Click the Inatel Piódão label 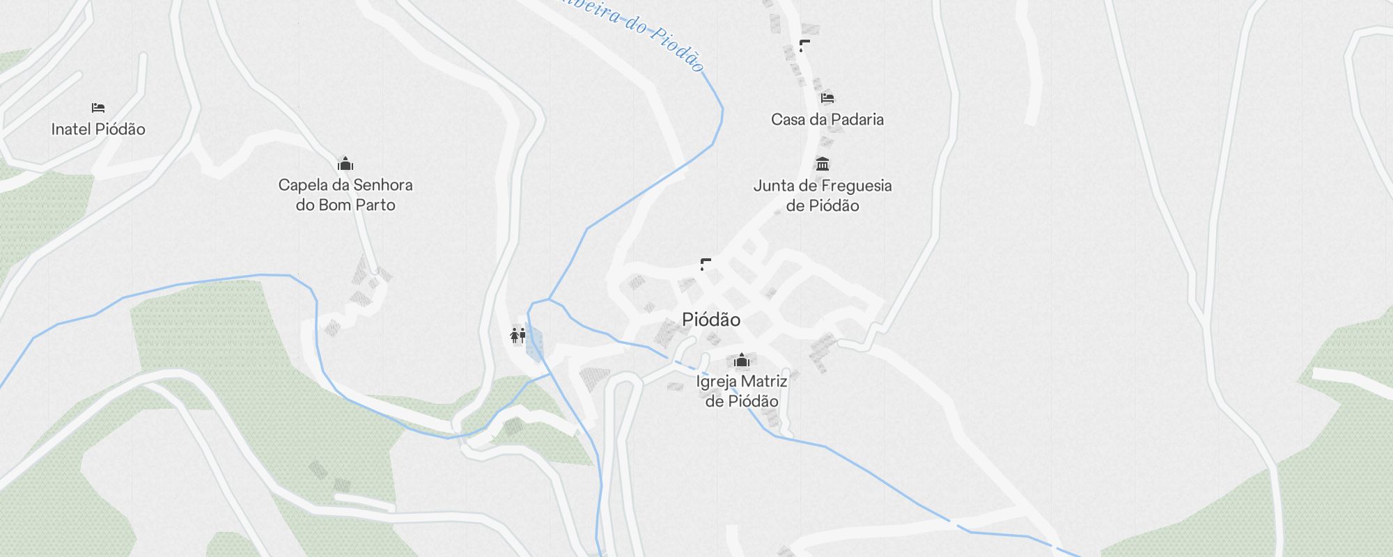pyautogui.click(x=98, y=129)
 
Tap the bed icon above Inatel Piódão pyautogui.click(x=98, y=108)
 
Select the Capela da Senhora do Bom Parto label pyautogui.click(x=345, y=195)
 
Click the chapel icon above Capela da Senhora pyautogui.click(x=345, y=164)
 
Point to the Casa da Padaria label pyautogui.click(x=827, y=119)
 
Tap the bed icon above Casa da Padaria pyautogui.click(x=827, y=98)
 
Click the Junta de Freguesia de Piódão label pyautogui.click(x=823, y=196)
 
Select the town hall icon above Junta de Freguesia pyautogui.click(x=823, y=164)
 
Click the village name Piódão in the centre pyautogui.click(x=711, y=320)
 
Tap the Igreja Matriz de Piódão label pyautogui.click(x=742, y=391)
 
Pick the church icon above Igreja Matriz pyautogui.click(x=742, y=360)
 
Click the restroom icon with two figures pyautogui.click(x=517, y=336)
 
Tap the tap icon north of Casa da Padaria pyautogui.click(x=804, y=46)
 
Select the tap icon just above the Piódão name pyautogui.click(x=706, y=264)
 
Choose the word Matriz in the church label pyautogui.click(x=765, y=382)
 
